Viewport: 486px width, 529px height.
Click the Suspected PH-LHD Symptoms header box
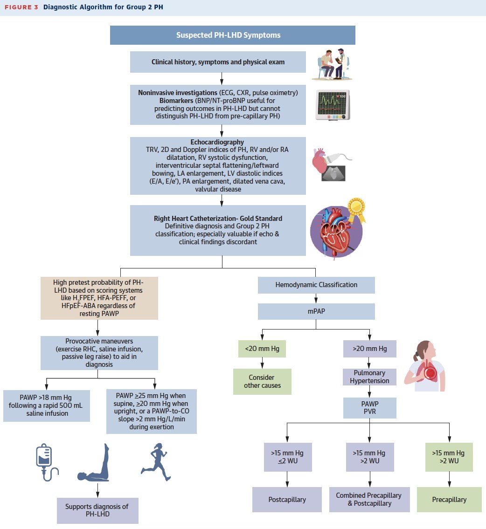click(232, 35)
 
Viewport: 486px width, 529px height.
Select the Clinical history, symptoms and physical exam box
click(218, 62)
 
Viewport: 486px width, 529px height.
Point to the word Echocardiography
click(217, 142)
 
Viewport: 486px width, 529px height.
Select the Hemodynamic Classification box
click(316, 285)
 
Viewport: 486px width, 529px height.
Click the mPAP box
click(316, 311)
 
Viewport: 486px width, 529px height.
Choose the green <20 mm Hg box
click(262, 349)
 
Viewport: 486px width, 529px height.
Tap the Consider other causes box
click(262, 381)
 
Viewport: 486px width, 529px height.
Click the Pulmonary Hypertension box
click(369, 377)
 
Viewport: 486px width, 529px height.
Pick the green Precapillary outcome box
click(449, 500)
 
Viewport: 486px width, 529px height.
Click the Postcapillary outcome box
click(287, 500)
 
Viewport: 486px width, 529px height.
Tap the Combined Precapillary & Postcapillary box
click(369, 499)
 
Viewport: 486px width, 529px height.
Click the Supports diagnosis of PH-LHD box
click(97, 510)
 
